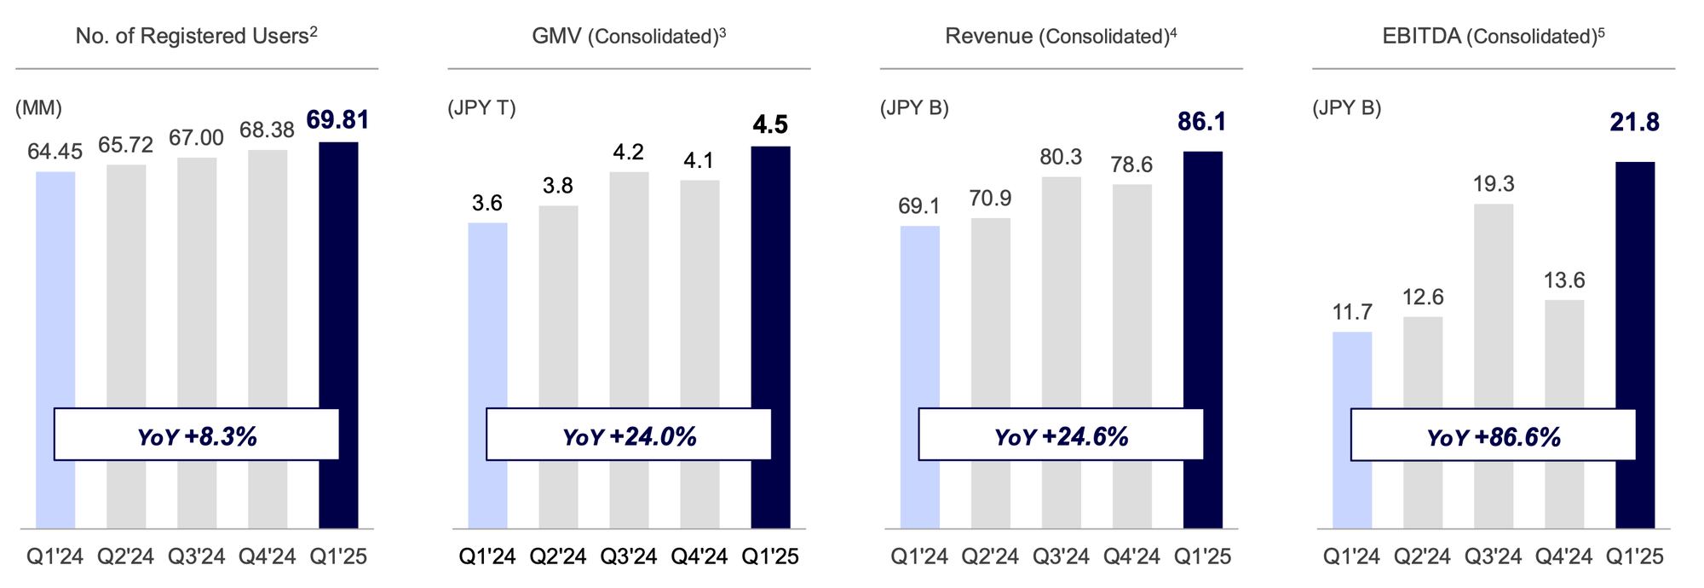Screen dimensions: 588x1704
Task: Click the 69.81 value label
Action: tap(338, 120)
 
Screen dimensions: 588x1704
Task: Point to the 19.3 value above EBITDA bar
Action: tap(1493, 184)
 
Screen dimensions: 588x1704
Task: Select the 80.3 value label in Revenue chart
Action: tap(1061, 157)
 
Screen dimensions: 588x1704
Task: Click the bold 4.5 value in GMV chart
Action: tap(770, 125)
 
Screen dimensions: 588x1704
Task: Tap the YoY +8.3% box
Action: tap(197, 435)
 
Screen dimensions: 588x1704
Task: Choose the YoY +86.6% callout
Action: tap(1493, 436)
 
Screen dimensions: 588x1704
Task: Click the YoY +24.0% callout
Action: tap(629, 435)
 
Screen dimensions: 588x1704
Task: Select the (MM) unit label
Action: tap(38, 109)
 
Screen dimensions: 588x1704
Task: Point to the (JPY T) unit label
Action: tap(481, 109)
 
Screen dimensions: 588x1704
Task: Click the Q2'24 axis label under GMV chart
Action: tap(558, 557)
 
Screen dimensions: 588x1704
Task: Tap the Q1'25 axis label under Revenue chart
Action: tap(1202, 557)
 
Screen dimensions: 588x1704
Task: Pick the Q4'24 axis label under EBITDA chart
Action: tap(1563, 557)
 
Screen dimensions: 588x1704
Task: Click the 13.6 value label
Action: tap(1563, 280)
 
